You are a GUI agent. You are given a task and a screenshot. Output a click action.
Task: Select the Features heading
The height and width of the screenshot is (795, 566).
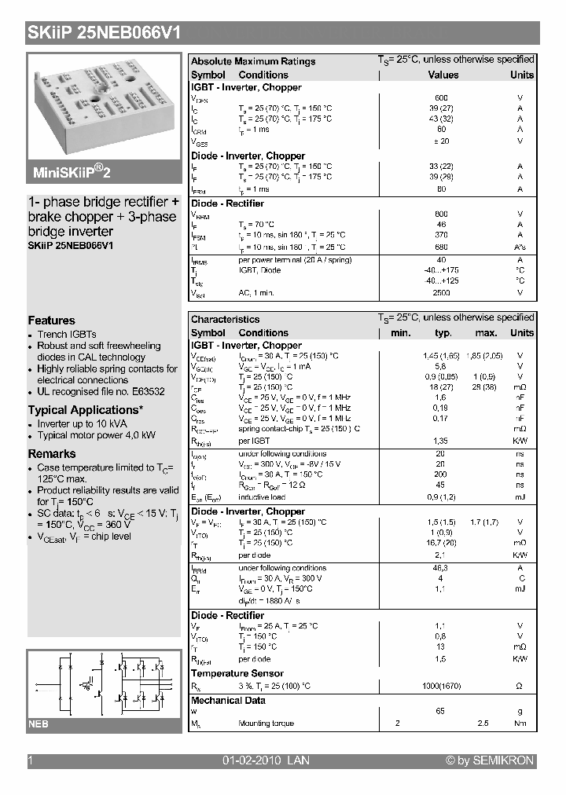click(52, 321)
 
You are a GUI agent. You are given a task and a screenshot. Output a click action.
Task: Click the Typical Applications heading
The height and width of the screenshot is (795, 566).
click(86, 410)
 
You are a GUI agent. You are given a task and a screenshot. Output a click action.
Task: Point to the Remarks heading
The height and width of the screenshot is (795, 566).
click(52, 454)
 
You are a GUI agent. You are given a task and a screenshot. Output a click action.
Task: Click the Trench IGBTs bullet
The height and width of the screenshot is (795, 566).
click(67, 335)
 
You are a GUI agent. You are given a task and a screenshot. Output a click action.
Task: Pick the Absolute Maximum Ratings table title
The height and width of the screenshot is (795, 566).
click(253, 61)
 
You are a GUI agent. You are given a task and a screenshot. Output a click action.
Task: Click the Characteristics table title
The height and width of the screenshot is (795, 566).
click(225, 320)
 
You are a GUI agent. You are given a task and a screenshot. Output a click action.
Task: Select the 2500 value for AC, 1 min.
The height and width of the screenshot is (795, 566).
click(441, 292)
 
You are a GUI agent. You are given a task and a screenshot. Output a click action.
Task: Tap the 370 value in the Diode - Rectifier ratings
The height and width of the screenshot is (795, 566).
click(441, 235)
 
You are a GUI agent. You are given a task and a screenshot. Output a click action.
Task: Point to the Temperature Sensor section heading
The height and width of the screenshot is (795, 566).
click(237, 674)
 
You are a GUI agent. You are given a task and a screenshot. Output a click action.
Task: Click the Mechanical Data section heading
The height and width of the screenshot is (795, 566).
click(228, 701)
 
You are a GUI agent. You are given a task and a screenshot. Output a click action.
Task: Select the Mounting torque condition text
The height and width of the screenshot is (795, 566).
click(266, 724)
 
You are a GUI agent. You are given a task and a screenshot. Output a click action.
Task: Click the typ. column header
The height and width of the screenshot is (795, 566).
click(443, 333)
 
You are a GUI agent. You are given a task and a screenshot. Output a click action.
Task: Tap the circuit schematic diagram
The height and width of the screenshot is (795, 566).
click(104, 683)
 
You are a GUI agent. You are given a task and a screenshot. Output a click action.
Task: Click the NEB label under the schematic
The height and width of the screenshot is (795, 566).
click(39, 724)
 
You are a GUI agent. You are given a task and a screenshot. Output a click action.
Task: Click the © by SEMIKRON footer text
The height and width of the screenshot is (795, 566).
click(490, 760)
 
